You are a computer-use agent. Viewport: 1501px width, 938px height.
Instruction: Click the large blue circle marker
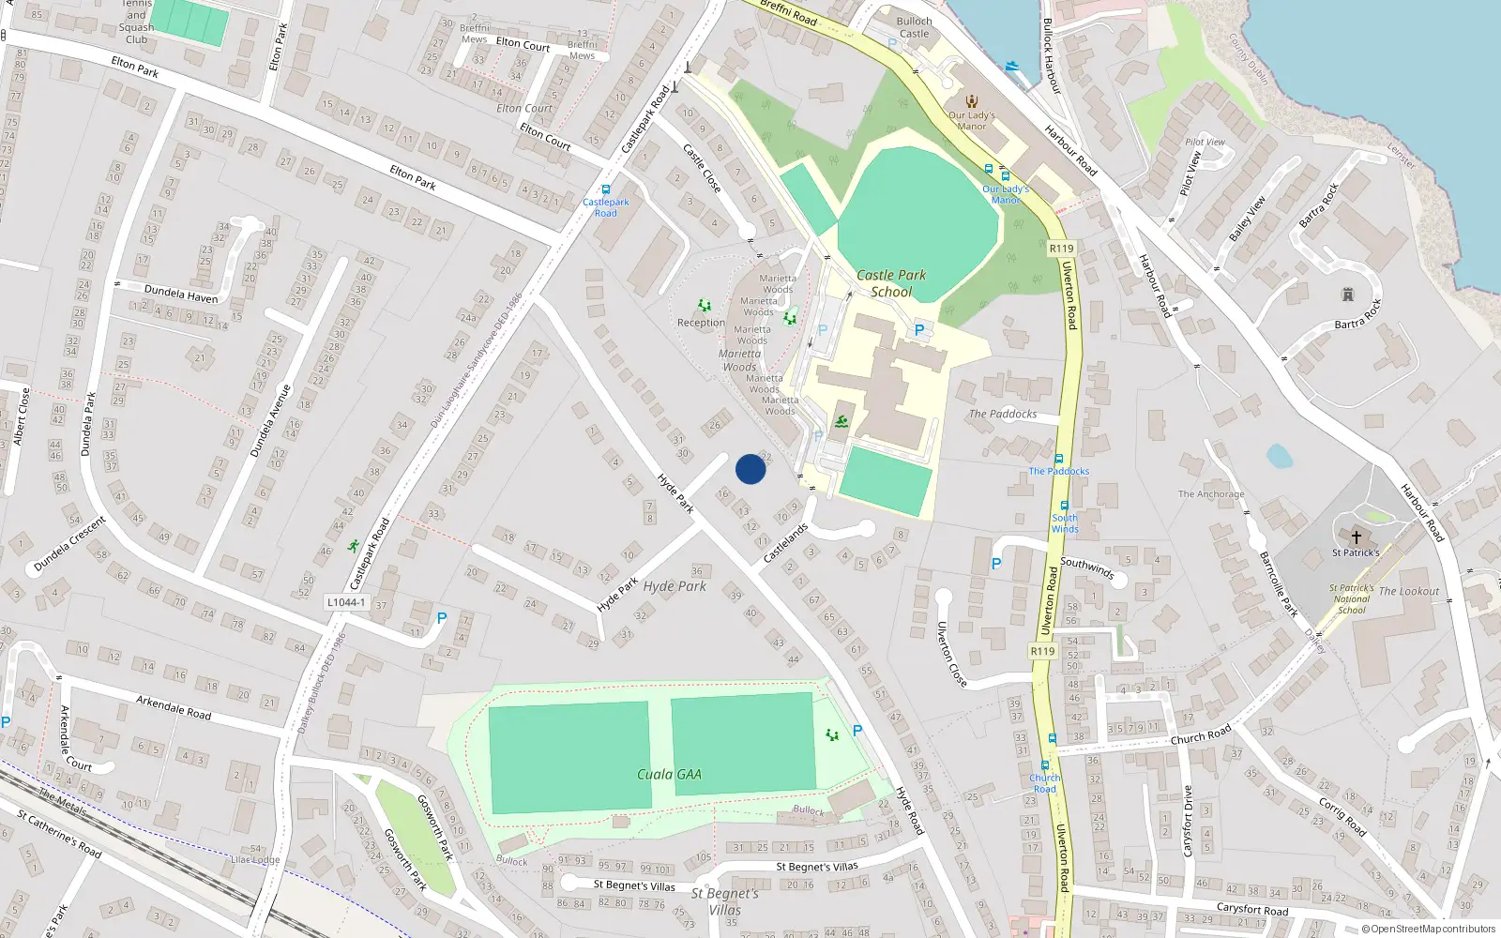click(x=750, y=469)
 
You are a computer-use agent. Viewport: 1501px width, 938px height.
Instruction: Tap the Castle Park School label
click(x=891, y=283)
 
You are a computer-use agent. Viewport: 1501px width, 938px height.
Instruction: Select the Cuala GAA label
click(x=669, y=774)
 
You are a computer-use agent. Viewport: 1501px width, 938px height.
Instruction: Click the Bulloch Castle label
click(x=914, y=27)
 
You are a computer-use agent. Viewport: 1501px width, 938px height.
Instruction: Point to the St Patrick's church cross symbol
click(x=1356, y=537)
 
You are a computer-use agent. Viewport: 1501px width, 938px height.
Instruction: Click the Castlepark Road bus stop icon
click(x=606, y=189)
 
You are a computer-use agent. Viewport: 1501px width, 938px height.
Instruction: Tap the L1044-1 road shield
click(x=346, y=602)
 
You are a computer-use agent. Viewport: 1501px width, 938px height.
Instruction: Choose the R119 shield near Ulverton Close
click(x=1042, y=651)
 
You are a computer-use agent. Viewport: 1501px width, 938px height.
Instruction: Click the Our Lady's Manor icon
click(x=972, y=101)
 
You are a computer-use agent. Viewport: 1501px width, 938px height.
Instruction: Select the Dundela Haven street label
click(x=181, y=294)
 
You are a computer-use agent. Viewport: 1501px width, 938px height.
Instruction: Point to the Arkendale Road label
click(x=174, y=706)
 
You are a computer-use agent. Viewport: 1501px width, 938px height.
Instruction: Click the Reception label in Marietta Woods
click(x=701, y=323)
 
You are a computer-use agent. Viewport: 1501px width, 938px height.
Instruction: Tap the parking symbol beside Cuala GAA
click(x=857, y=730)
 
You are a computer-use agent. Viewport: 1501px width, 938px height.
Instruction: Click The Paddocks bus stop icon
click(x=1058, y=460)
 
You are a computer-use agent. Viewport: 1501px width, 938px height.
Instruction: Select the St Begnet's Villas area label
click(x=724, y=901)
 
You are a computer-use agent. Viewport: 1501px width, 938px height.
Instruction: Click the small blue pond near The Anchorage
click(x=1279, y=457)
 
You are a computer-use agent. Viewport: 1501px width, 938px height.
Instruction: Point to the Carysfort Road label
click(x=1251, y=909)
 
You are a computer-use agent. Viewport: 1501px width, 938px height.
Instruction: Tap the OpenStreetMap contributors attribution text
click(x=1428, y=929)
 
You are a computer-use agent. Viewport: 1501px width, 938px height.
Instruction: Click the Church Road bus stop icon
click(x=1045, y=765)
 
